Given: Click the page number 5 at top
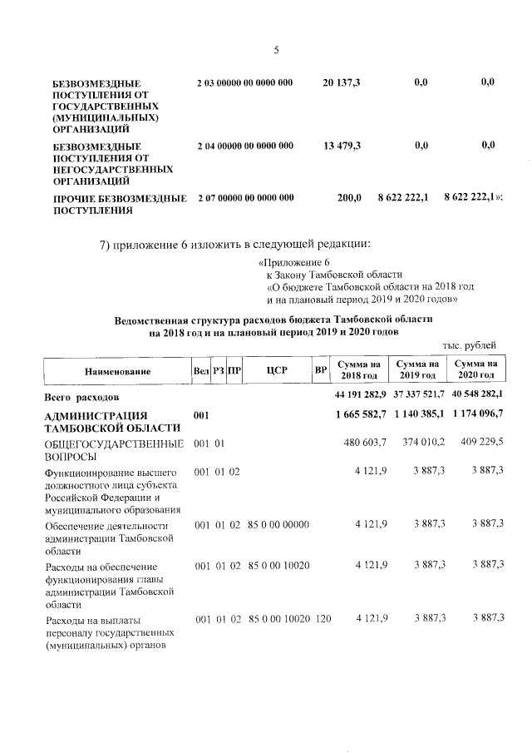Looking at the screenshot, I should [276, 51].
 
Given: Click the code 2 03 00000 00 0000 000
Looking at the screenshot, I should [245, 83].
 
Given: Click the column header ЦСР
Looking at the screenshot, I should [277, 371].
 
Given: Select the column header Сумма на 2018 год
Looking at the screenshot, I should [359, 370].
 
